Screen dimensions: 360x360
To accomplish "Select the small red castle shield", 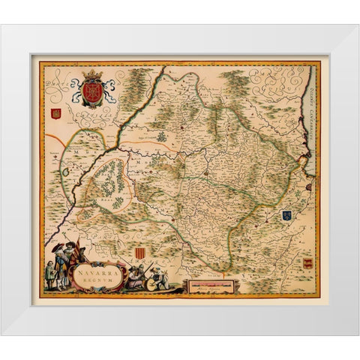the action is coord(54,115).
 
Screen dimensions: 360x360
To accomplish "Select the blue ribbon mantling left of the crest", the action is coord(77,94).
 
